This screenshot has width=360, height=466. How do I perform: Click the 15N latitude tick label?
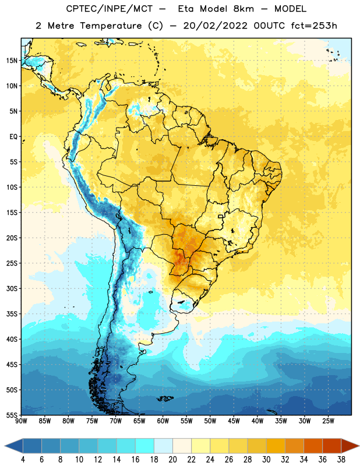coord(12,61)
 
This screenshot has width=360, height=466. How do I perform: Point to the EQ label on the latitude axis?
coord(13,137)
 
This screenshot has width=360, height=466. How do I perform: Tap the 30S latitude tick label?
coord(12,288)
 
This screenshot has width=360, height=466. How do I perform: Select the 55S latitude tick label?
coord(12,415)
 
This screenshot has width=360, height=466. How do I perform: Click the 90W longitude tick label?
coord(21,421)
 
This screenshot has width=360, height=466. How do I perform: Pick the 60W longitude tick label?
coord(163,421)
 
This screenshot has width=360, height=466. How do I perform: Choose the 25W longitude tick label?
coord(328,421)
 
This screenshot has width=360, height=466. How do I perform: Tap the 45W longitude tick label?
coord(234,421)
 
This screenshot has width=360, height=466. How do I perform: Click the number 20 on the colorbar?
coord(172,460)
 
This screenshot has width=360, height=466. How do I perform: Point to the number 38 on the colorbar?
coord(341,460)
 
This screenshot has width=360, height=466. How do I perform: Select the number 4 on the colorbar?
coord(23,460)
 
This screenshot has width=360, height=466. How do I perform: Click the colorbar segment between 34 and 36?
coord(313,446)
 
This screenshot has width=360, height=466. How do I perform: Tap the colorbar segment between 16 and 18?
coord(145,446)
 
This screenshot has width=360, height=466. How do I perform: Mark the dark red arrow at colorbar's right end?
coord(350,446)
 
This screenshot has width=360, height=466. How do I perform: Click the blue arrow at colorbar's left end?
coord(14,446)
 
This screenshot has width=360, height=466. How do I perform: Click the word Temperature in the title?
coord(111,26)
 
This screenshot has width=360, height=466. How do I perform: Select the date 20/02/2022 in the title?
coord(215,26)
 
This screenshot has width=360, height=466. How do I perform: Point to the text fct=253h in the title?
coord(314,26)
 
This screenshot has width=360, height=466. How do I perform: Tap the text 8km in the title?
coord(243,9)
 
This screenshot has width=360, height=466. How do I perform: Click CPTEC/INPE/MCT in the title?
coord(110,9)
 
